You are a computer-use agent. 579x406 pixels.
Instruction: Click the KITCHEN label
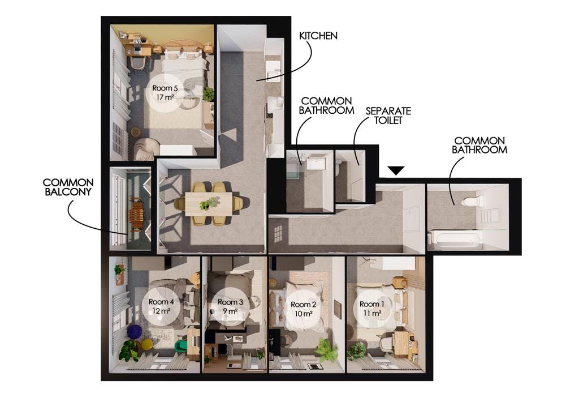coord(318,36)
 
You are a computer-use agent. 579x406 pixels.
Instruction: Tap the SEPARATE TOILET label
coord(388,116)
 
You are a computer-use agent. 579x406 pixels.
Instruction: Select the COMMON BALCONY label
coord(68,187)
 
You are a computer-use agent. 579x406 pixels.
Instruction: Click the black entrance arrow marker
coord(397,170)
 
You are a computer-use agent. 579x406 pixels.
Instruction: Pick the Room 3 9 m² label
coord(230,306)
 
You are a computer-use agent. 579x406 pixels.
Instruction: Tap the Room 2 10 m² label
coord(303,309)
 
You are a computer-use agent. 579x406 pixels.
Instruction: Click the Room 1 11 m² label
coord(372,308)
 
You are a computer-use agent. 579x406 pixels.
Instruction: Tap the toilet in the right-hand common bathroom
coord(470,201)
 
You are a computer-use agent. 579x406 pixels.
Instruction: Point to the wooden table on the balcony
coord(137,213)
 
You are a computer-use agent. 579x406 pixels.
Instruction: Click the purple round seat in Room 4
coord(135,331)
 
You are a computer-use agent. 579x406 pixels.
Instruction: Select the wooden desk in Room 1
coord(402,343)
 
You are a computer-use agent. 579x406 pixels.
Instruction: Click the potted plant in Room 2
coord(326,351)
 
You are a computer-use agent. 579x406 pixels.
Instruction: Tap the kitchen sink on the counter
coord(273,71)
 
